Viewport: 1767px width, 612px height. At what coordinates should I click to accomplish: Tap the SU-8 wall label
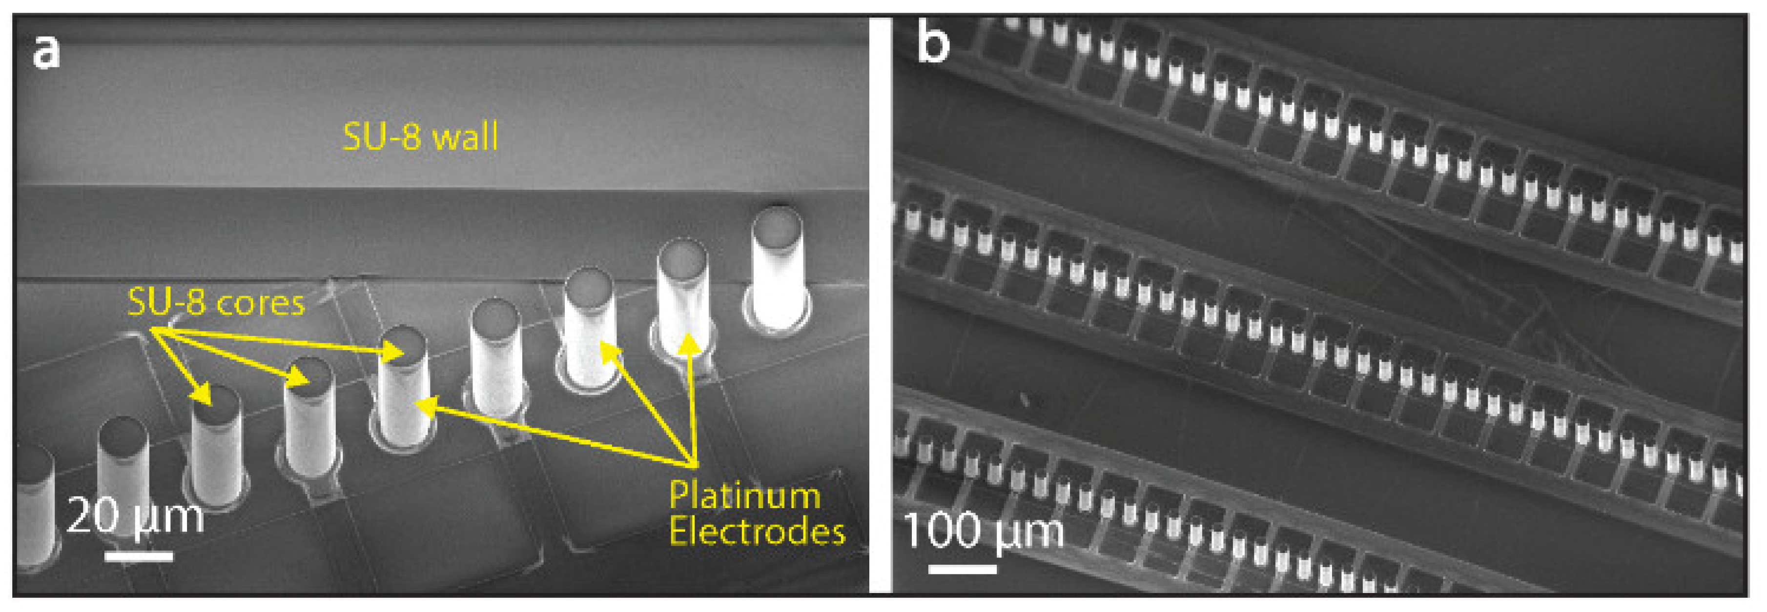click(x=420, y=137)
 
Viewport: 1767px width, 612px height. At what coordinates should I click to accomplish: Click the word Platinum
click(x=744, y=495)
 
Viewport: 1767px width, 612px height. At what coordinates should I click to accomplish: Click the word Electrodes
click(x=757, y=532)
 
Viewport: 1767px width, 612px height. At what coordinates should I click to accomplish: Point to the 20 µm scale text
click(x=135, y=516)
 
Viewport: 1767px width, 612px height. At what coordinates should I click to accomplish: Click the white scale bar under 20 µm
click(x=139, y=556)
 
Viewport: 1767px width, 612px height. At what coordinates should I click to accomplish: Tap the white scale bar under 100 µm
click(x=963, y=569)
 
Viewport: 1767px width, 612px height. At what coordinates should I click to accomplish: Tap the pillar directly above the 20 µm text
click(x=123, y=466)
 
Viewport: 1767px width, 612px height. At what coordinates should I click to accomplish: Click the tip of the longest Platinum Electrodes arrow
click(x=418, y=406)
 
